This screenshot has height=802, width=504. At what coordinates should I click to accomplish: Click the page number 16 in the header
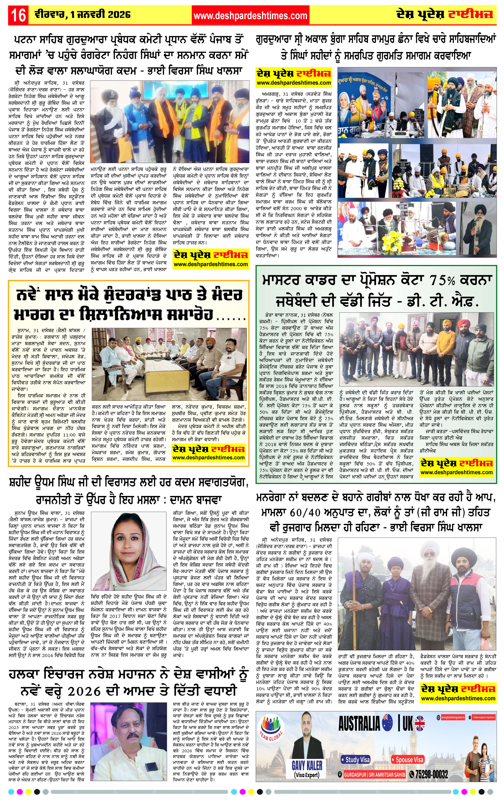pos(18,15)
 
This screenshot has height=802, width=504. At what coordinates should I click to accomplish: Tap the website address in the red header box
pos(250,15)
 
